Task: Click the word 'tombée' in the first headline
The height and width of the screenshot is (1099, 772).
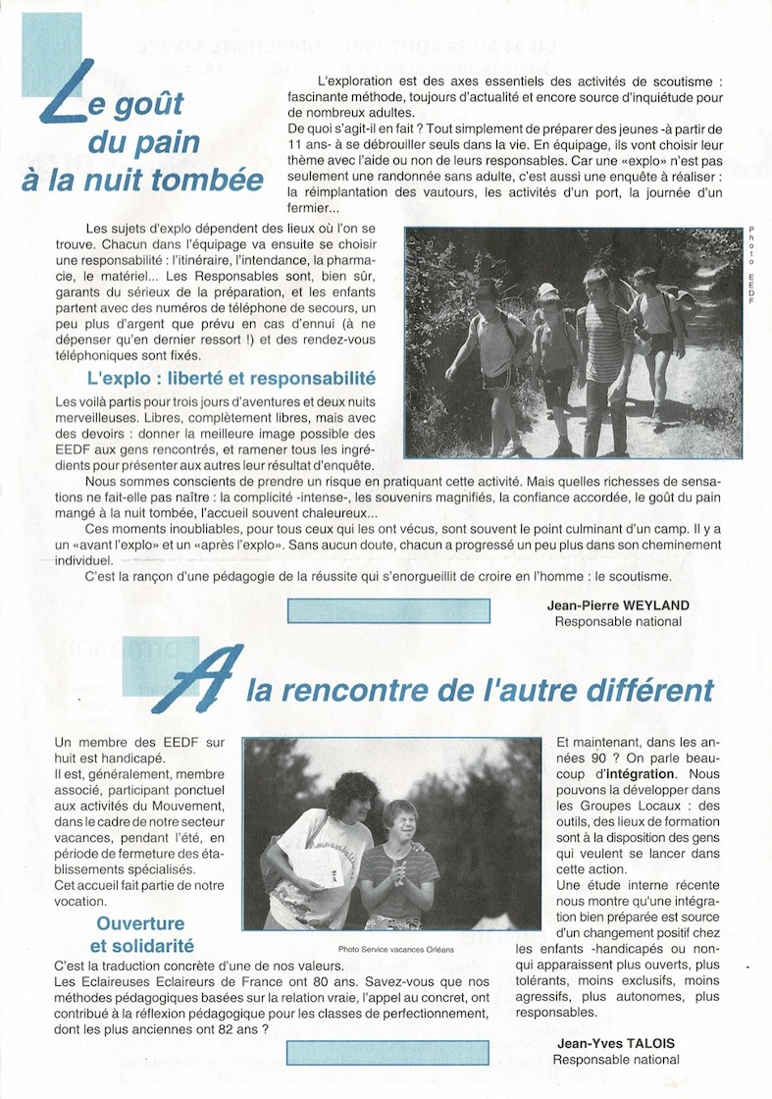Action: pos(217,181)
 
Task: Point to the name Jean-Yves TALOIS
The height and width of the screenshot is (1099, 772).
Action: pos(616,1043)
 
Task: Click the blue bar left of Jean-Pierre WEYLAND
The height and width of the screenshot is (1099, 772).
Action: pos(387,610)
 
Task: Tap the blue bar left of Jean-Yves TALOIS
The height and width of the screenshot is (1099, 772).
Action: pos(387,1052)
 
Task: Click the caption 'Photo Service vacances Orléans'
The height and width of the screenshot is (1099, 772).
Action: pos(396,949)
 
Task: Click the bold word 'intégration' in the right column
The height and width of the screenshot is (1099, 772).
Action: pos(641,773)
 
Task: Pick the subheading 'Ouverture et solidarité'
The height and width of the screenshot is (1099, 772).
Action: pos(140,935)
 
